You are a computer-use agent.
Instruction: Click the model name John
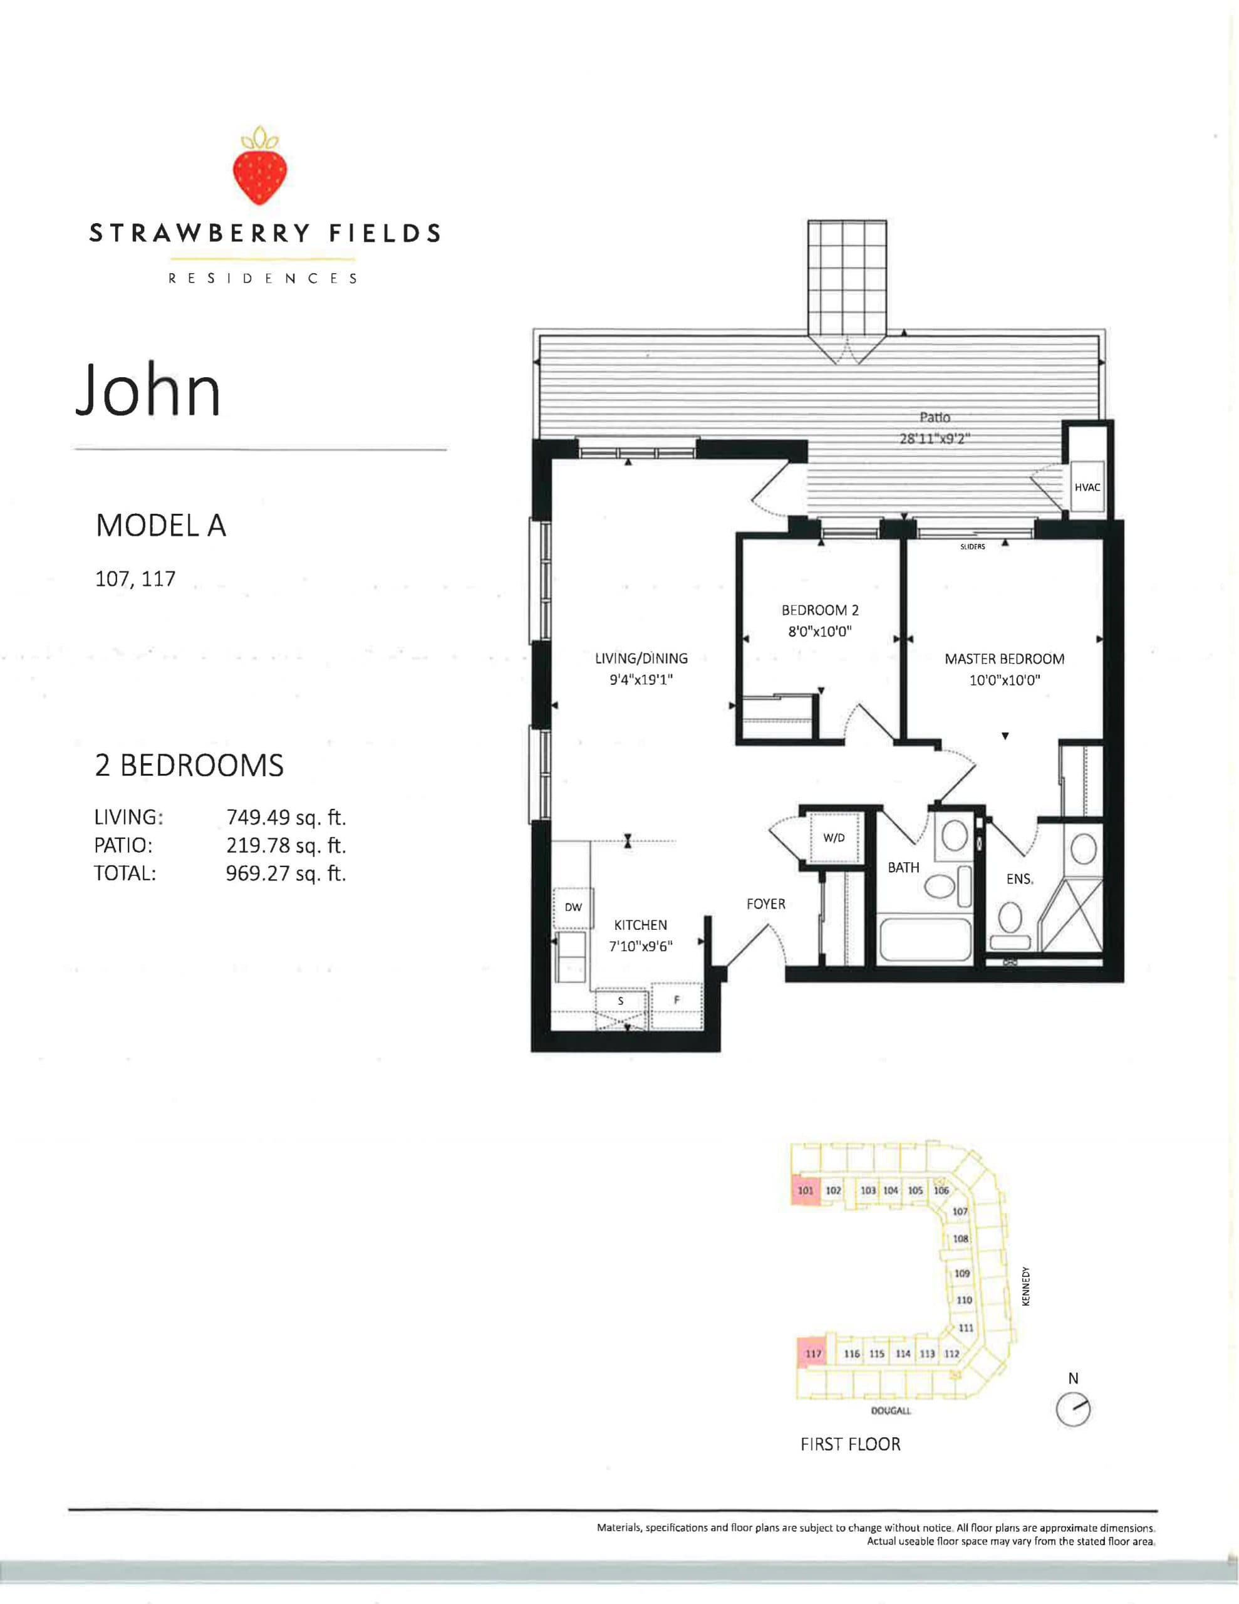pyautogui.click(x=149, y=390)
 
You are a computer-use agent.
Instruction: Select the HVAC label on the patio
pyautogui.click(x=1087, y=487)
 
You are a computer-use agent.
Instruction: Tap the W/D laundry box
pyautogui.click(x=834, y=837)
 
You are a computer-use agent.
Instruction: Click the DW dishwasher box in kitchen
pyautogui.click(x=573, y=907)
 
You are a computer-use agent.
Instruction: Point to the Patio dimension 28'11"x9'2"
pyautogui.click(x=934, y=439)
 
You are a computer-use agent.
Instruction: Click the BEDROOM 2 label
pyautogui.click(x=820, y=610)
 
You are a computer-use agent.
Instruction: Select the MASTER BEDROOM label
pyautogui.click(x=1004, y=659)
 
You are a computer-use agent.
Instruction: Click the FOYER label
pyautogui.click(x=765, y=904)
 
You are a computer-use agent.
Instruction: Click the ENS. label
pyautogui.click(x=1019, y=879)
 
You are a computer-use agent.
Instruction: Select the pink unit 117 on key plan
pyautogui.click(x=812, y=1353)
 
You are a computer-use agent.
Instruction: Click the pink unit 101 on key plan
pyautogui.click(x=805, y=1190)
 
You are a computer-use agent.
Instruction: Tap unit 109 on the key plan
pyautogui.click(x=962, y=1273)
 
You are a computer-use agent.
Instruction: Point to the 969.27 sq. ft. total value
pyautogui.click(x=285, y=873)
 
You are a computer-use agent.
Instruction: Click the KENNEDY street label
pyautogui.click(x=1026, y=1286)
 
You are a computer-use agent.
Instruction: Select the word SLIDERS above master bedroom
pyautogui.click(x=972, y=547)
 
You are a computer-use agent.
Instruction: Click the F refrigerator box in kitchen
pyautogui.click(x=677, y=1000)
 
